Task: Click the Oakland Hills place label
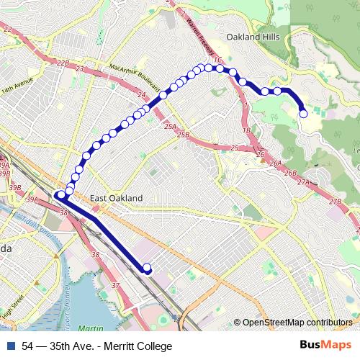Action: [x=251, y=36]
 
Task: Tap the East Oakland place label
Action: [x=117, y=198]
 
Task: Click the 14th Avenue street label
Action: [x=17, y=85]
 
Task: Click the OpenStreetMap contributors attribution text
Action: [x=297, y=323]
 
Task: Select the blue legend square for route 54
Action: [x=11, y=346]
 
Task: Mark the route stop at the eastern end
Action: [x=304, y=113]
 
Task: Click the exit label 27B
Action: [x=335, y=201]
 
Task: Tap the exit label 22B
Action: [x=63, y=63]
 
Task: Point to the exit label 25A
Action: [x=169, y=126]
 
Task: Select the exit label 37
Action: [x=117, y=286]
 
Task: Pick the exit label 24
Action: [x=141, y=95]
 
